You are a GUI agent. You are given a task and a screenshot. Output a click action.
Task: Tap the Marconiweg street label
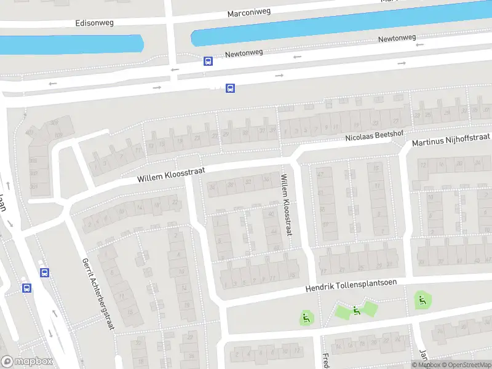click(250, 13)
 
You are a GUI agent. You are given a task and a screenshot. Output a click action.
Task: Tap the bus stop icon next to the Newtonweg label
click(208, 61)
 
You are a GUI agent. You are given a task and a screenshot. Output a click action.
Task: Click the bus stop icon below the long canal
click(231, 88)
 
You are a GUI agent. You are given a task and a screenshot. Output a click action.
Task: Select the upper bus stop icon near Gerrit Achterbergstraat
click(44, 272)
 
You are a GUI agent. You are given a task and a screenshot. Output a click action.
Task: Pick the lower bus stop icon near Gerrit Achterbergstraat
click(27, 288)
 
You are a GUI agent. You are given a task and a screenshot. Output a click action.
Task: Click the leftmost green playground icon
click(306, 318)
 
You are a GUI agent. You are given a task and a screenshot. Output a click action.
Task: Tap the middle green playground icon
click(356, 311)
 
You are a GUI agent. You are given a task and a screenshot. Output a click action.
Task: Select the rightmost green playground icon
click(422, 300)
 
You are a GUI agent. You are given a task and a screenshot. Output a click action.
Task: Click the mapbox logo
click(27, 362)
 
